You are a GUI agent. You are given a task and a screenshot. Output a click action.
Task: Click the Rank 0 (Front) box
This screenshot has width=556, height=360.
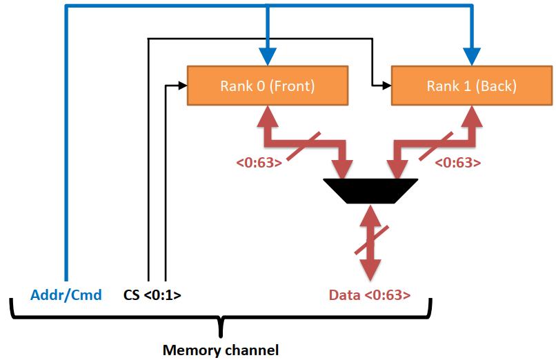(x=268, y=86)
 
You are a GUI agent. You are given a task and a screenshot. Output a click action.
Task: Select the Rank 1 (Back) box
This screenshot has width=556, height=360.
(x=472, y=86)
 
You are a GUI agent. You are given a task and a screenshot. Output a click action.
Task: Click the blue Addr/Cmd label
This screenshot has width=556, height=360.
(x=66, y=295)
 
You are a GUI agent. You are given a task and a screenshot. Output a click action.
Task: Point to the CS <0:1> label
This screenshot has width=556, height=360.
(x=152, y=295)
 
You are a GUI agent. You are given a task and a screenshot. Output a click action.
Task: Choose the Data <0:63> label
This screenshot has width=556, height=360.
(x=370, y=295)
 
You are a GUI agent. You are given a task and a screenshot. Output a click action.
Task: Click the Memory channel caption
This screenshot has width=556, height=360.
(x=221, y=350)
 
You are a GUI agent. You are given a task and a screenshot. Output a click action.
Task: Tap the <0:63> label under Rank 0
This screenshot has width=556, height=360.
(x=258, y=163)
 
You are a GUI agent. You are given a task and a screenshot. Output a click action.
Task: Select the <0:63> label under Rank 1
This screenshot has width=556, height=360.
(x=458, y=163)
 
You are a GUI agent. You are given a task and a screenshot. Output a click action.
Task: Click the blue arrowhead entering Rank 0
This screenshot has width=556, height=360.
(x=268, y=57)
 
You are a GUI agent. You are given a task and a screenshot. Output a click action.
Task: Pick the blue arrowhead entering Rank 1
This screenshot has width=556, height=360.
(x=472, y=57)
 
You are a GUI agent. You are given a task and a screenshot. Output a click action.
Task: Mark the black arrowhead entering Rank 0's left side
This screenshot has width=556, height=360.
(x=183, y=86)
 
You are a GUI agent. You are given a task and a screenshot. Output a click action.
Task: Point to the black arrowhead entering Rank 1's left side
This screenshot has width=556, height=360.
(x=386, y=86)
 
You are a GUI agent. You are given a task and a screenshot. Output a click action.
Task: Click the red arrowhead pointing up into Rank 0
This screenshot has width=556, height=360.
(x=267, y=115)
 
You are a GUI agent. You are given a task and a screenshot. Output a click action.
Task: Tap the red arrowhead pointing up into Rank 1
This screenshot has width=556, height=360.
(x=472, y=115)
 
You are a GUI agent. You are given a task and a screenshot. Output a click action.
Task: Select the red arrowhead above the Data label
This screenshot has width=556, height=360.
(x=371, y=269)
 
